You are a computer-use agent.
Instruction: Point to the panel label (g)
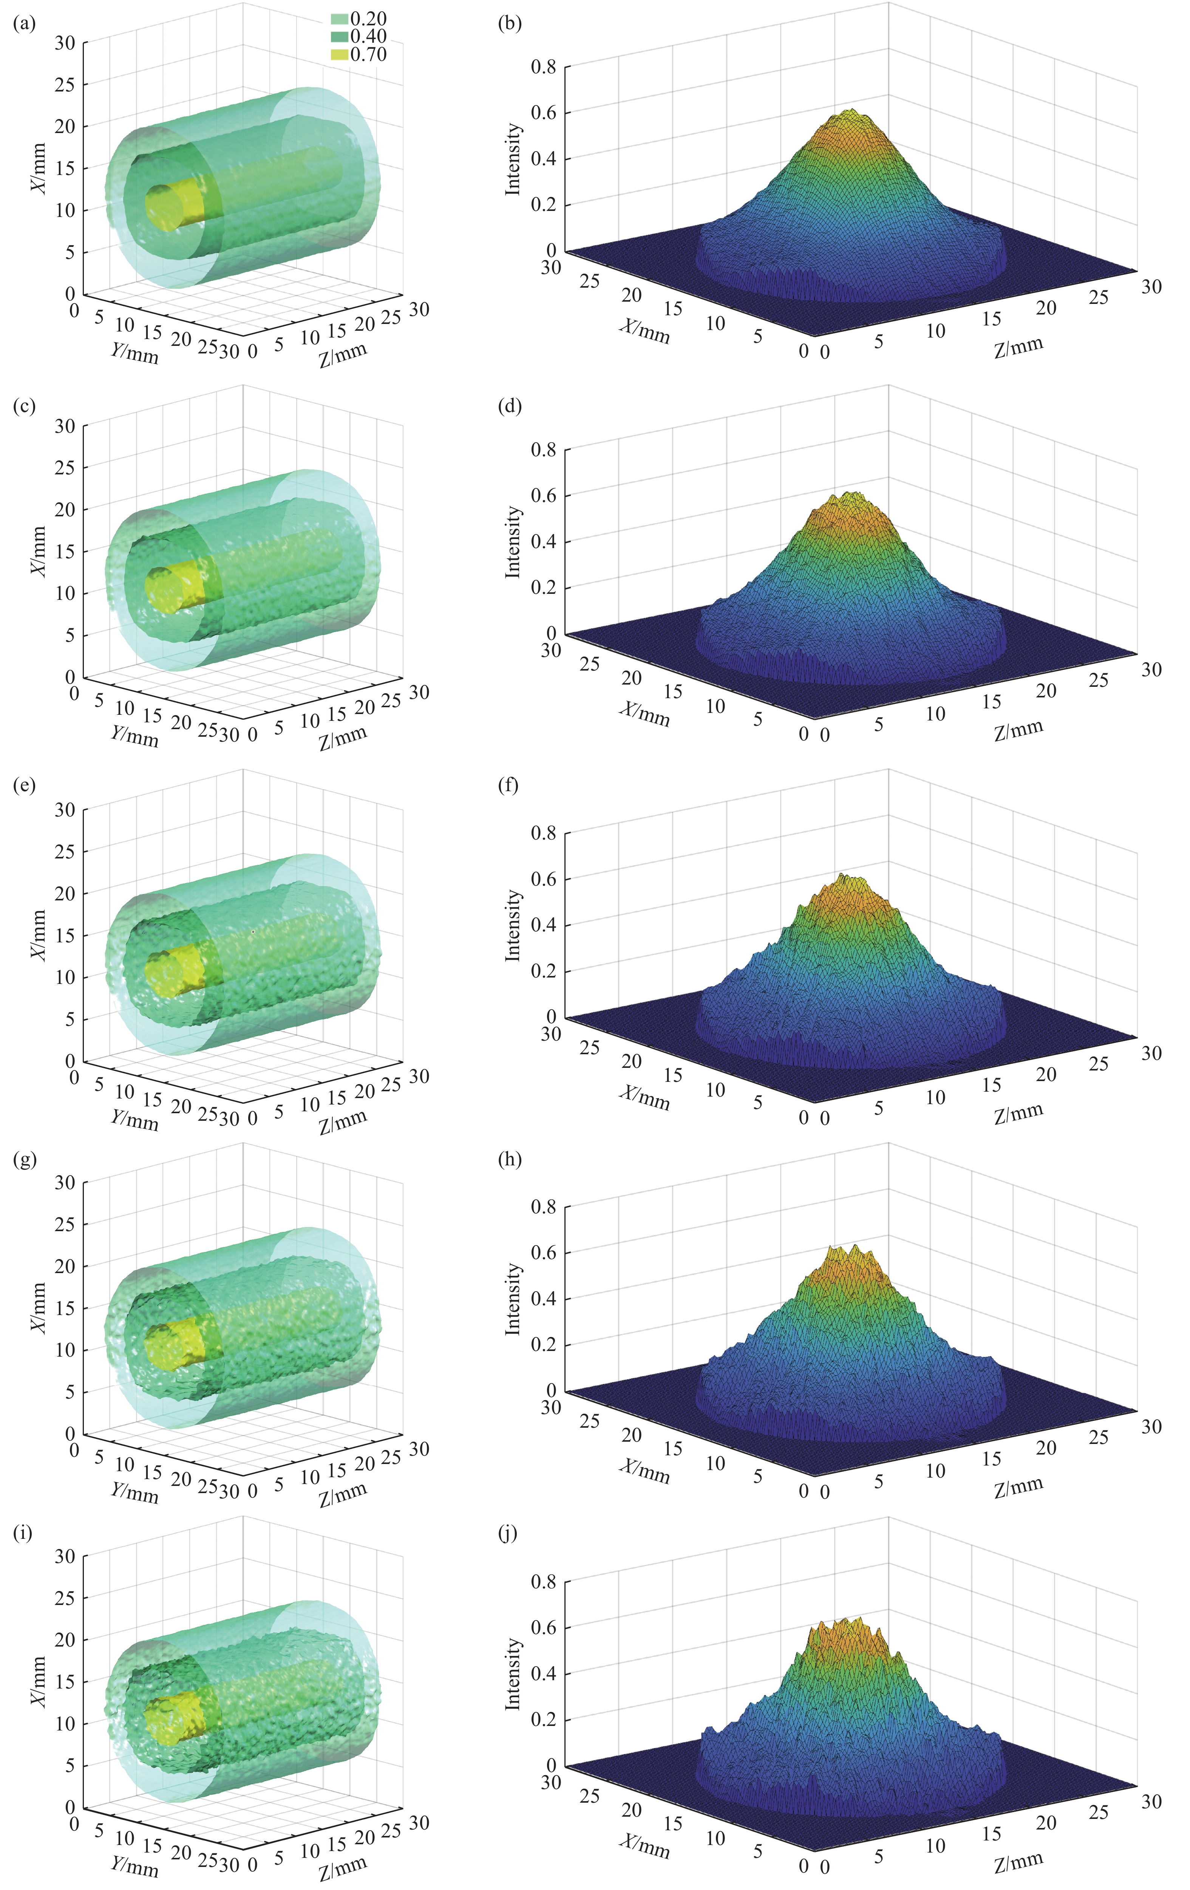[25, 1159]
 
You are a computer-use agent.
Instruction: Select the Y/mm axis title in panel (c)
[135, 736]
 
